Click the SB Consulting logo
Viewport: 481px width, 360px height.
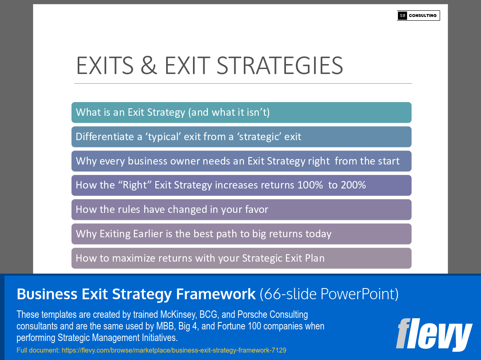click(x=418, y=16)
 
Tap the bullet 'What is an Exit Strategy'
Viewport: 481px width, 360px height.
click(x=173, y=112)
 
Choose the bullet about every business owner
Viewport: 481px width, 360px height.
click(x=238, y=161)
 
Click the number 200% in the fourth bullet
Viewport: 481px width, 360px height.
click(x=353, y=185)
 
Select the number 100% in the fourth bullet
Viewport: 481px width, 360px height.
click(x=310, y=185)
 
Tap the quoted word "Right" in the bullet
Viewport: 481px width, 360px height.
click(x=133, y=185)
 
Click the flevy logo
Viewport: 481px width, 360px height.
click(x=433, y=334)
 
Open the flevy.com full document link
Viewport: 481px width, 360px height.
click(x=174, y=350)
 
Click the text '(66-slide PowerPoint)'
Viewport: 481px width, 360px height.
click(x=329, y=294)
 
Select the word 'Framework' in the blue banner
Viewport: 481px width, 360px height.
click(x=215, y=294)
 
